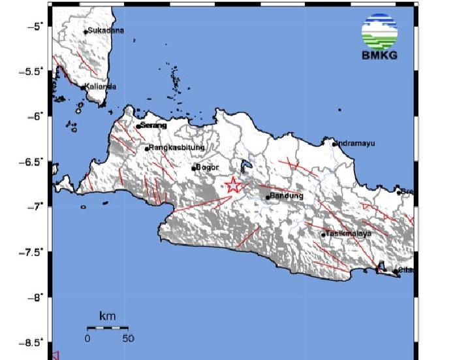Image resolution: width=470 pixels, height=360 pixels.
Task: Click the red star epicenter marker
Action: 233,186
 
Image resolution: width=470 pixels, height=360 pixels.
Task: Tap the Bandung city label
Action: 287,196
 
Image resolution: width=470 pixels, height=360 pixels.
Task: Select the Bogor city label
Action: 207,167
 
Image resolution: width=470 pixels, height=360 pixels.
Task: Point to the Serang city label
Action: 154,125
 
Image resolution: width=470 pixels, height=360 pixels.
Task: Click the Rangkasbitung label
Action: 178,148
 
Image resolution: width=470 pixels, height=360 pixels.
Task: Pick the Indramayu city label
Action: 356,144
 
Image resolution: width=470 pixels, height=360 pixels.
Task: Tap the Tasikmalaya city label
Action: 349,233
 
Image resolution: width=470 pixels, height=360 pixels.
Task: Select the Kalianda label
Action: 101,86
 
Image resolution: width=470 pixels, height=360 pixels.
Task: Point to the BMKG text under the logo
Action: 379,55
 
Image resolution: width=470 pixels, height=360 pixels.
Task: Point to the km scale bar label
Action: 108,316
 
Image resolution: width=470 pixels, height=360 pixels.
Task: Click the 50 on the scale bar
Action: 128,338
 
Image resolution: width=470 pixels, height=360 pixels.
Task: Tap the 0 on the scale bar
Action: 87,338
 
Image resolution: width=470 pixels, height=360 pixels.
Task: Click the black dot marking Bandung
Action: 268,197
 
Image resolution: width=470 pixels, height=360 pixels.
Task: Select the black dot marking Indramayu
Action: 334,144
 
